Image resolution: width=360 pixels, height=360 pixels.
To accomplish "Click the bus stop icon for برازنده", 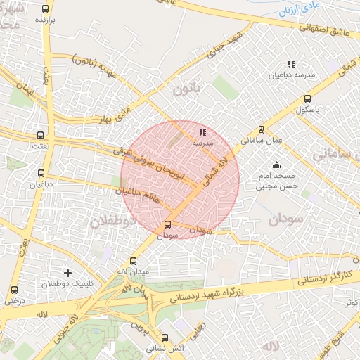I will point(46,9).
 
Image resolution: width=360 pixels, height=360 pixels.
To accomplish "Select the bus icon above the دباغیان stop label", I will point(41,172).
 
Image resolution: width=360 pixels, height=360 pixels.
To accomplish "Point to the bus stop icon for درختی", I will point(14,290).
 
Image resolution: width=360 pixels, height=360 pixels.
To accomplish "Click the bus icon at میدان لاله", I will point(133,261).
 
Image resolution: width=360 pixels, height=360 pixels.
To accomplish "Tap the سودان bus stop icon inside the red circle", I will point(167,225).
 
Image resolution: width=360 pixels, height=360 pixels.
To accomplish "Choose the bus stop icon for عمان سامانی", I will point(262,129).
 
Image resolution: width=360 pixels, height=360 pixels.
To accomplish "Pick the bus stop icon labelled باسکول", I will point(307,99).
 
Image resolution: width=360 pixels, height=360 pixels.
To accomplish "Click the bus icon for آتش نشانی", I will point(165,337).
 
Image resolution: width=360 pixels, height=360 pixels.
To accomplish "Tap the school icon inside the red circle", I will point(202,132).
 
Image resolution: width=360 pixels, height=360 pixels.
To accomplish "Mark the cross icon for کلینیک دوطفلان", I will point(67,272).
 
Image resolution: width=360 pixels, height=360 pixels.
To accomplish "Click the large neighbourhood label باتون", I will point(186,89).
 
